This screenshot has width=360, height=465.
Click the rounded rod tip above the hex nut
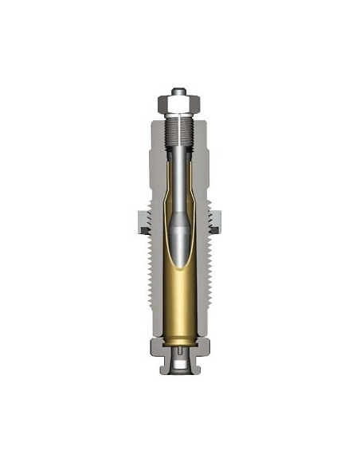pos(180,92)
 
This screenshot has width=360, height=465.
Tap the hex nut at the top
pos(180,104)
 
